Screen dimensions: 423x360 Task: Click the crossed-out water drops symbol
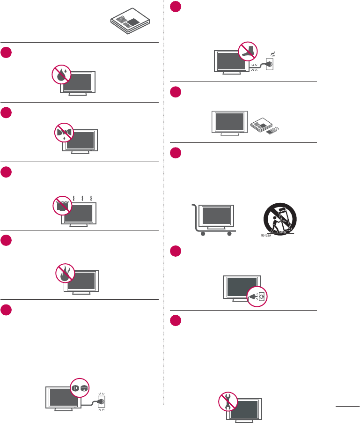(x=61, y=76)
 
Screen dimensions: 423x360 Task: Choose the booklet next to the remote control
(x=260, y=125)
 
